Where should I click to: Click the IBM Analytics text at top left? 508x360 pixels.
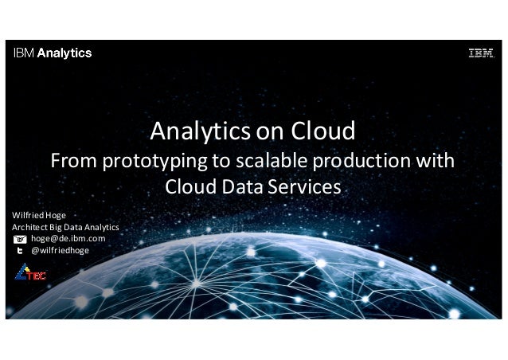52,54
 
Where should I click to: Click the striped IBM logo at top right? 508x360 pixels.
480,54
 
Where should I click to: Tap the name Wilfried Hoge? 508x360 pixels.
38,215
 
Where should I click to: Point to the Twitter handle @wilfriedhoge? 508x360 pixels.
60,250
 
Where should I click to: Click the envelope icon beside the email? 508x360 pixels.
20,239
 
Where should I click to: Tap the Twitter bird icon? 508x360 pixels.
20,250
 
